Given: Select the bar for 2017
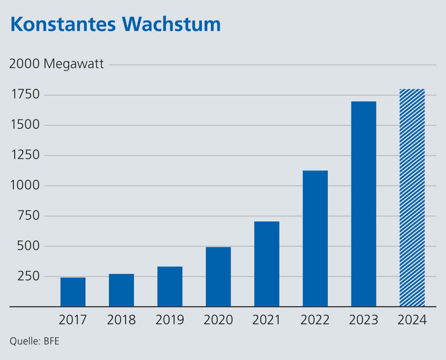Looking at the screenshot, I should pos(73,292).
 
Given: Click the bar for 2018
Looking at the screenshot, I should pos(121,290).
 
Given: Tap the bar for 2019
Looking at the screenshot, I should pos(170,286).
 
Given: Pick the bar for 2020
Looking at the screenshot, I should pos(218,277).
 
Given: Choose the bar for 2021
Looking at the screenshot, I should pos(267,264).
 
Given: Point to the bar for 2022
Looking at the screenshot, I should pos(315,239).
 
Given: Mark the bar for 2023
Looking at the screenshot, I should pos(364,204).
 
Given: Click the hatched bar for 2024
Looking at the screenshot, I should pos(412,197).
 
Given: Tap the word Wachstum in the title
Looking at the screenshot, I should pos(170,25).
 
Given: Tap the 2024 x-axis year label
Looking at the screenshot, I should pos(412,320).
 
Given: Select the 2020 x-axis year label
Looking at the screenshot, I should pos(218,320).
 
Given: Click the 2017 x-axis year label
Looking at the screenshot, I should pos(73,320).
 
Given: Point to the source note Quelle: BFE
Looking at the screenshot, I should pos(35,341).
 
